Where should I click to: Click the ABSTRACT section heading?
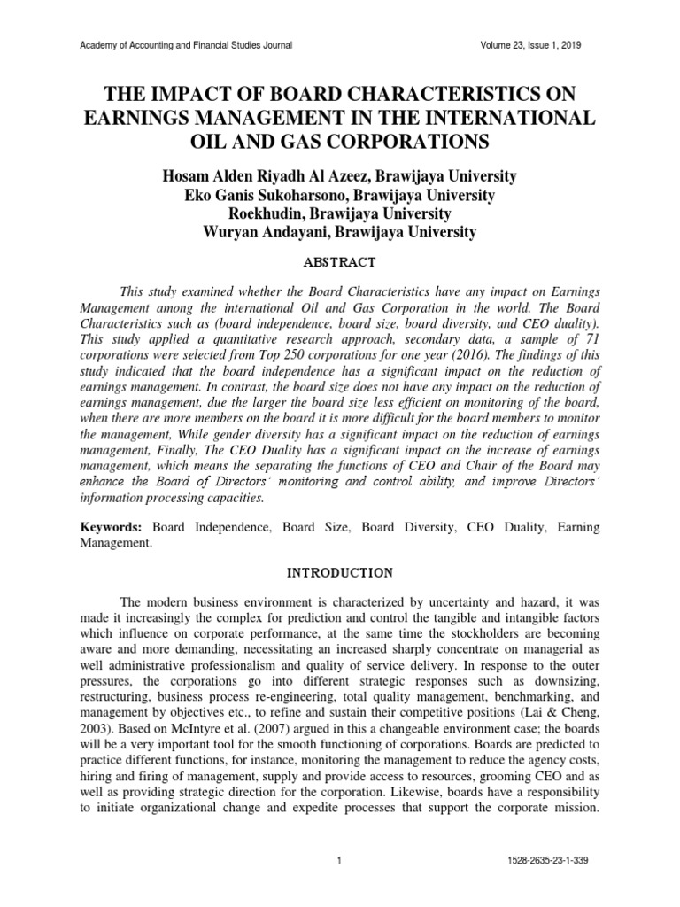(x=340, y=262)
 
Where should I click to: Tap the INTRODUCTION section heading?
(x=340, y=573)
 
